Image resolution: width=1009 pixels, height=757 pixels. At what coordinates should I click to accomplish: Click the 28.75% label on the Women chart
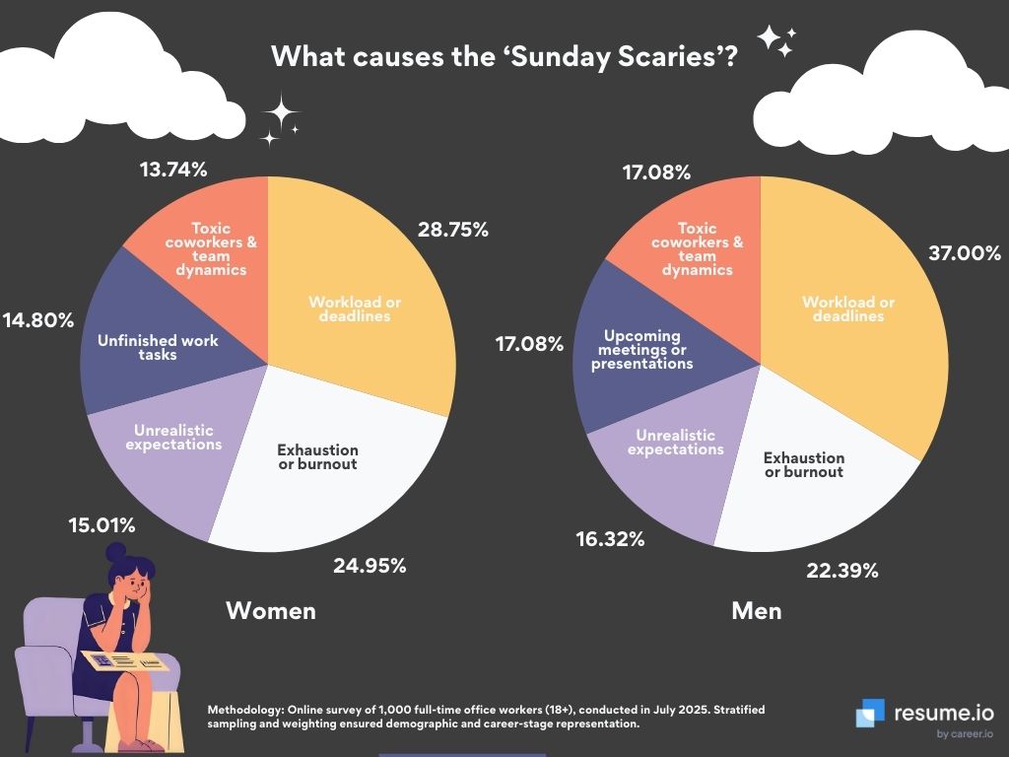453,230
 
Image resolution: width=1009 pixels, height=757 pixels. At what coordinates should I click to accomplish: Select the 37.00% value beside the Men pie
964,253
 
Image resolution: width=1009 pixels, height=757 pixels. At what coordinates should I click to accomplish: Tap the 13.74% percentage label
173,170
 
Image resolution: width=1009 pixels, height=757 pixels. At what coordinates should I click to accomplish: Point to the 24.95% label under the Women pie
370,566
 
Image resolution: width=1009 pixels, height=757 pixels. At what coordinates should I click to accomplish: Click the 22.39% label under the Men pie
843,570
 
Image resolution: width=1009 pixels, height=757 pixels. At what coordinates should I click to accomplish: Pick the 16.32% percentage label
610,539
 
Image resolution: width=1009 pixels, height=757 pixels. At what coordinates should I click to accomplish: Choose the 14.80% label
37,320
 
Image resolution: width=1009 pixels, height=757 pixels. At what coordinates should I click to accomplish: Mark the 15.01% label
101,524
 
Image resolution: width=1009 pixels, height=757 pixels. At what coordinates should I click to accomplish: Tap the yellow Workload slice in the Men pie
847,315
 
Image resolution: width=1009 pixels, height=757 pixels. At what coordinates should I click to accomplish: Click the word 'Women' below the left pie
271,611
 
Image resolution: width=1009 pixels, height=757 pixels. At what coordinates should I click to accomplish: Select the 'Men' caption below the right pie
757,611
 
